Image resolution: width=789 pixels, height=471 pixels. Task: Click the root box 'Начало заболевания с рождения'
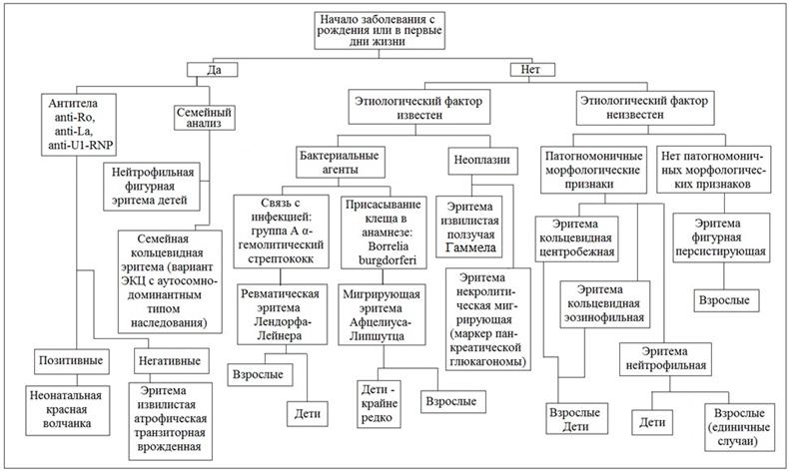[380, 30]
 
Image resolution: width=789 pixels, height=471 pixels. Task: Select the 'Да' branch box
[213, 70]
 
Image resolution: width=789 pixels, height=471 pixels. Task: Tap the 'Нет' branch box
[532, 70]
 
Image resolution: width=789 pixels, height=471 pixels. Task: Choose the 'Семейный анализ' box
[205, 117]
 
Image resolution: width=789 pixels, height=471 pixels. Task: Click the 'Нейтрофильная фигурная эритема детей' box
[152, 186]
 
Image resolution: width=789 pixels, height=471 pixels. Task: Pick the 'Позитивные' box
[72, 360]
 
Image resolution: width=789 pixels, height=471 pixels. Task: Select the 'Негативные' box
[172, 360]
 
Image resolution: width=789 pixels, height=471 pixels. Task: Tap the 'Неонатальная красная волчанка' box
[68, 410]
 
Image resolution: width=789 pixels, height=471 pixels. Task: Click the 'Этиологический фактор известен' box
[419, 108]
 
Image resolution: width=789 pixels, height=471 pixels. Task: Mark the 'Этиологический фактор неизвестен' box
[644, 108]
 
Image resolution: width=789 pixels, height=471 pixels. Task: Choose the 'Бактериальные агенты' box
[341, 162]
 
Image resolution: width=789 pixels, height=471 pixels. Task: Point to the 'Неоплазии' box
[482, 161]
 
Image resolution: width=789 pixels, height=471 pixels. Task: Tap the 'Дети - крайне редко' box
[379, 404]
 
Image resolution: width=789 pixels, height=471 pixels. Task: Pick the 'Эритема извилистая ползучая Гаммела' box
[469, 228]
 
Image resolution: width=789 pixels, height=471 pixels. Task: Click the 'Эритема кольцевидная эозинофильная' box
[605, 304]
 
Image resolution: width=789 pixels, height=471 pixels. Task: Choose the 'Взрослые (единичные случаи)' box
[739, 427]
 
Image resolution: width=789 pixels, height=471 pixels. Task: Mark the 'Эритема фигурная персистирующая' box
[721, 237]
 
